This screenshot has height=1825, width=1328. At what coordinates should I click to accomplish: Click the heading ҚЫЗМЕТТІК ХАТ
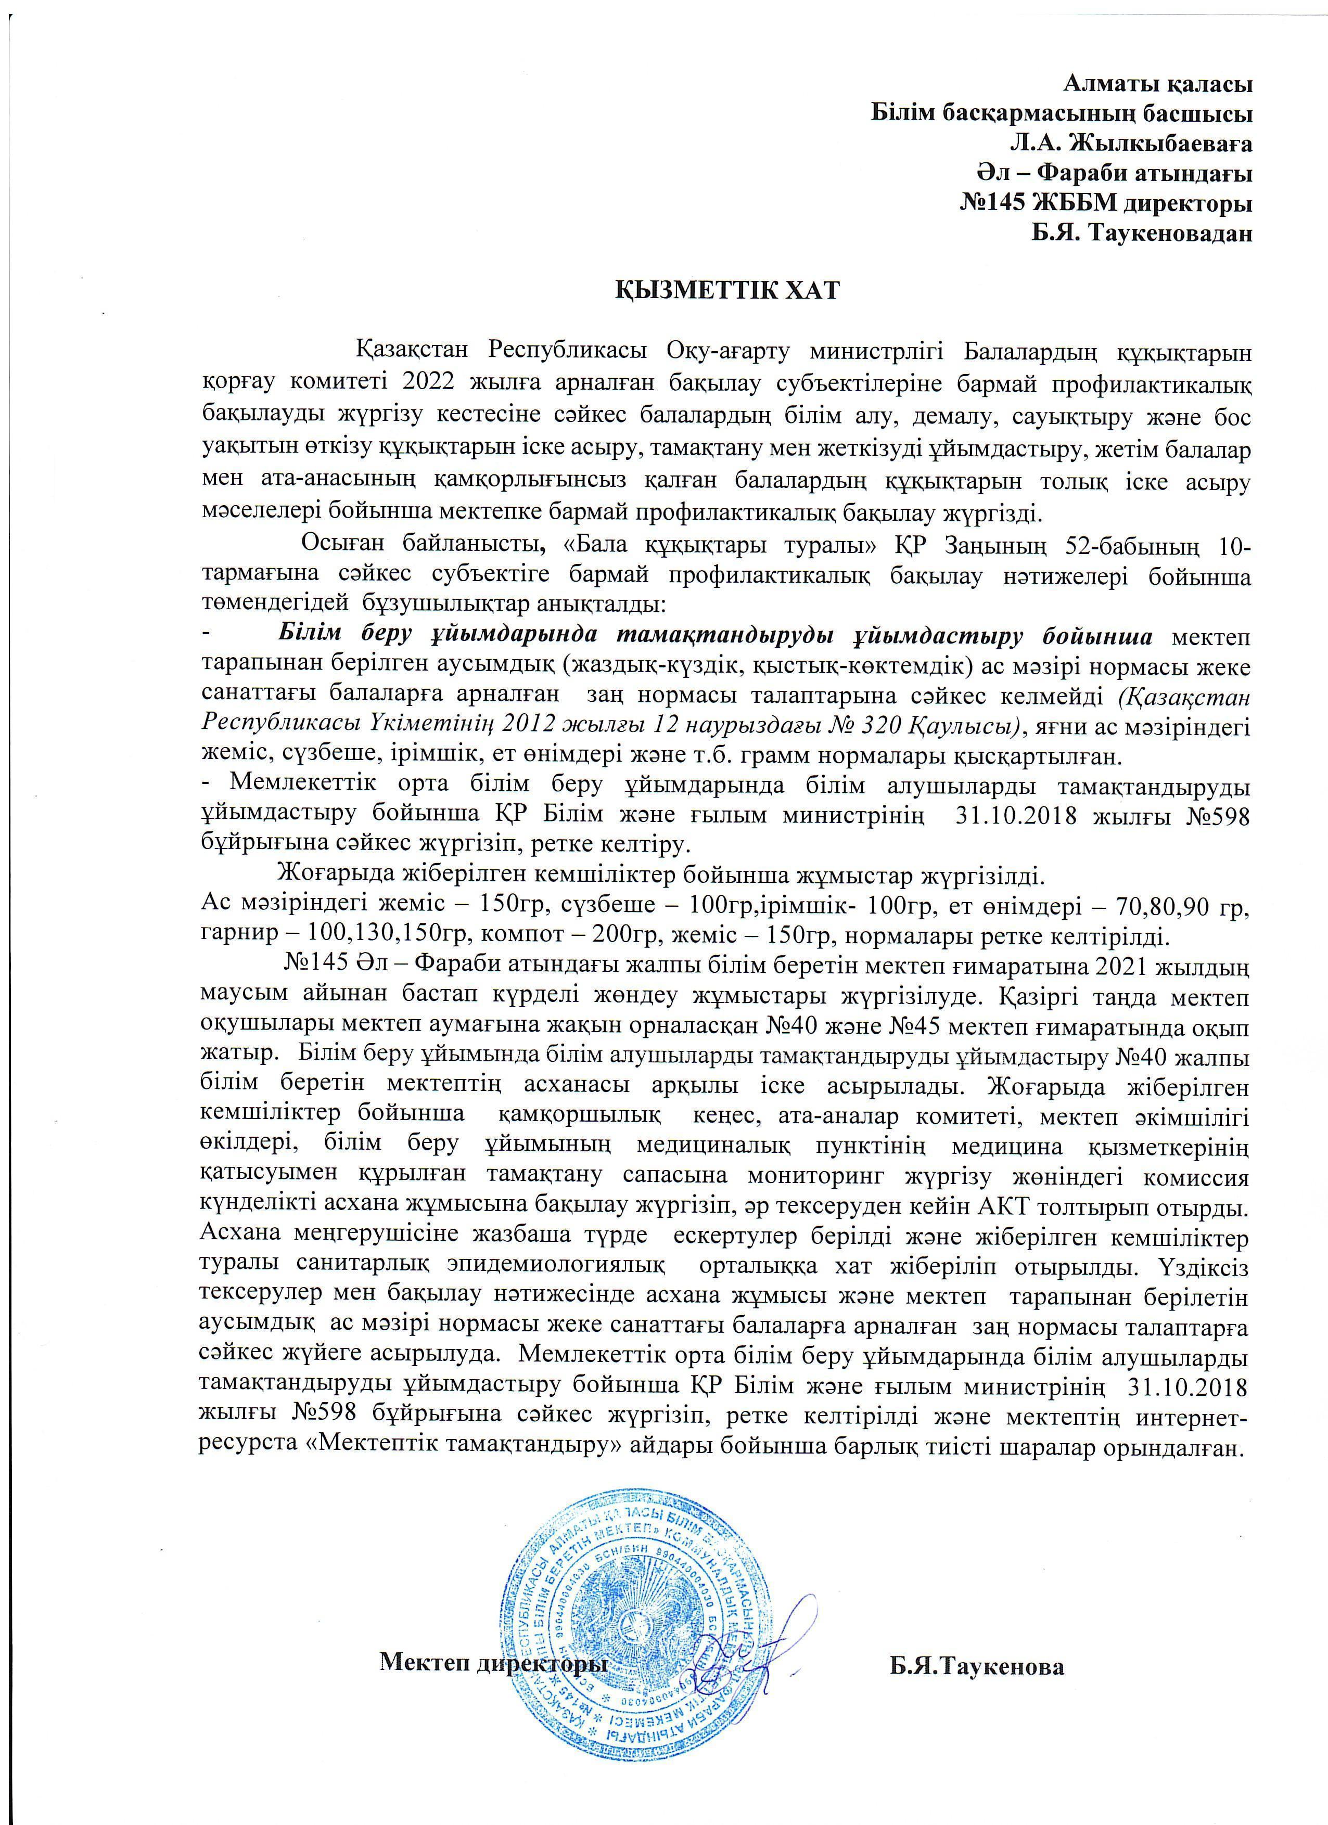[727, 290]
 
